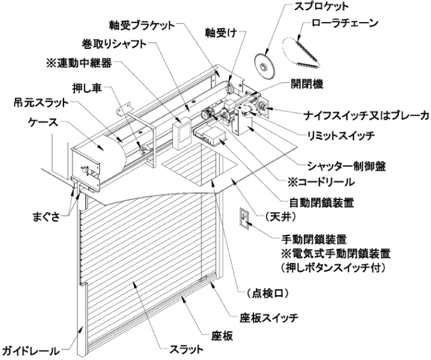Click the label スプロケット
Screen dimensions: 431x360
click(322, 7)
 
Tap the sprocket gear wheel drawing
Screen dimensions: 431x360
click(264, 66)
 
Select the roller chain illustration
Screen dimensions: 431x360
click(301, 52)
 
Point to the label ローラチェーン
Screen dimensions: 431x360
click(345, 23)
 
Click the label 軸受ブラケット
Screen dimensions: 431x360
click(142, 25)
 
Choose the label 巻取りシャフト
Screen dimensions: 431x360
click(114, 43)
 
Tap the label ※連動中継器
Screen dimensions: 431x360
click(79, 64)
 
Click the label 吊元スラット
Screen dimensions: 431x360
click(41, 103)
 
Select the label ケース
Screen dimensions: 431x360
click(43, 122)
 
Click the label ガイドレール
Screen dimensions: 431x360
click(30, 351)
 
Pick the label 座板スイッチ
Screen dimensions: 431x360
click(269, 318)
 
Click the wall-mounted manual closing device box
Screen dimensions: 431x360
click(244, 218)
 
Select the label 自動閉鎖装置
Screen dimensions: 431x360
click(322, 203)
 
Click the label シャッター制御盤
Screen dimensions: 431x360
click(346, 166)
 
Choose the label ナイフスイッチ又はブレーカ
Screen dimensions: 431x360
click(366, 116)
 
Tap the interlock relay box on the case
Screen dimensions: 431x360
click(182, 133)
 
